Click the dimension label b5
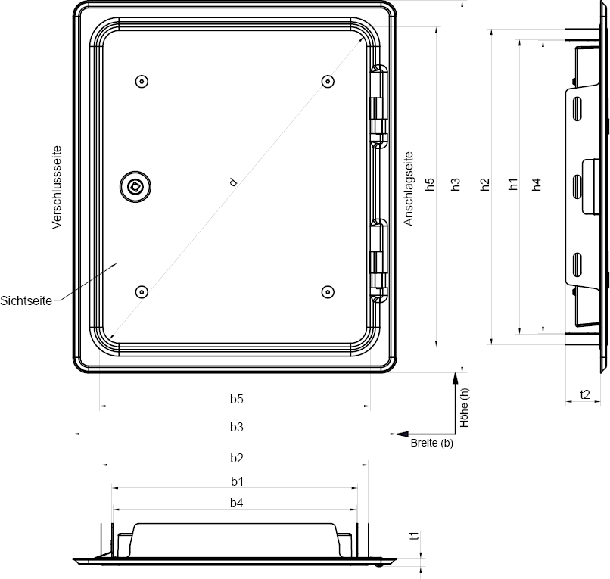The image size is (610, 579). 237,399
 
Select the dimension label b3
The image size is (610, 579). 237,427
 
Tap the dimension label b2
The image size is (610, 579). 237,458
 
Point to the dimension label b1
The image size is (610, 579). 237,481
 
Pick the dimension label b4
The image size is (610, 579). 237,503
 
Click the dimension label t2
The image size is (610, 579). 585,394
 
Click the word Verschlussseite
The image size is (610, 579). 57,187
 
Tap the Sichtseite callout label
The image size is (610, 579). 26,300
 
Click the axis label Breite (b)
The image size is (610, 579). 432,444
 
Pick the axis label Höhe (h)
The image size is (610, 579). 465,407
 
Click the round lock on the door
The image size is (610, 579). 135,186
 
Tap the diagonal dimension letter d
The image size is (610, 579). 234,182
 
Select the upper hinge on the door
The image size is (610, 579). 378,104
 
